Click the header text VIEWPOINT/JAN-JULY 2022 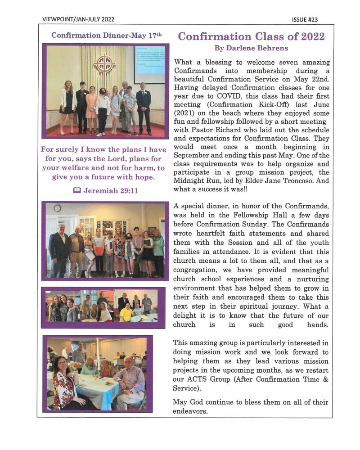[78, 19]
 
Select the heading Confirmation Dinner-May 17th [106, 35]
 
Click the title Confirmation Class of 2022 [251, 36]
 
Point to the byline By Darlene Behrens [251, 48]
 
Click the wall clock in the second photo [57, 208]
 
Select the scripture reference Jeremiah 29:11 [110, 190]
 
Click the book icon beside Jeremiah [76, 190]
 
